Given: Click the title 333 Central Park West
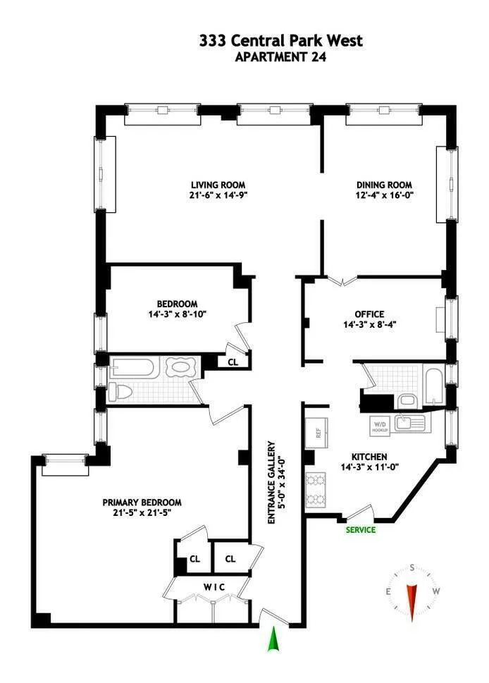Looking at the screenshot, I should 280,41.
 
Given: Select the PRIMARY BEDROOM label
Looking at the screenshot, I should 142,503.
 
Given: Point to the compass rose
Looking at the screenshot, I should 411,591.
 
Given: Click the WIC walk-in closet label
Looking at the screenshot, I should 214,586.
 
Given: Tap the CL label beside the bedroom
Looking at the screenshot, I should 232,362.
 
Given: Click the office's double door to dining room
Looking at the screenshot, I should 342,281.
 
